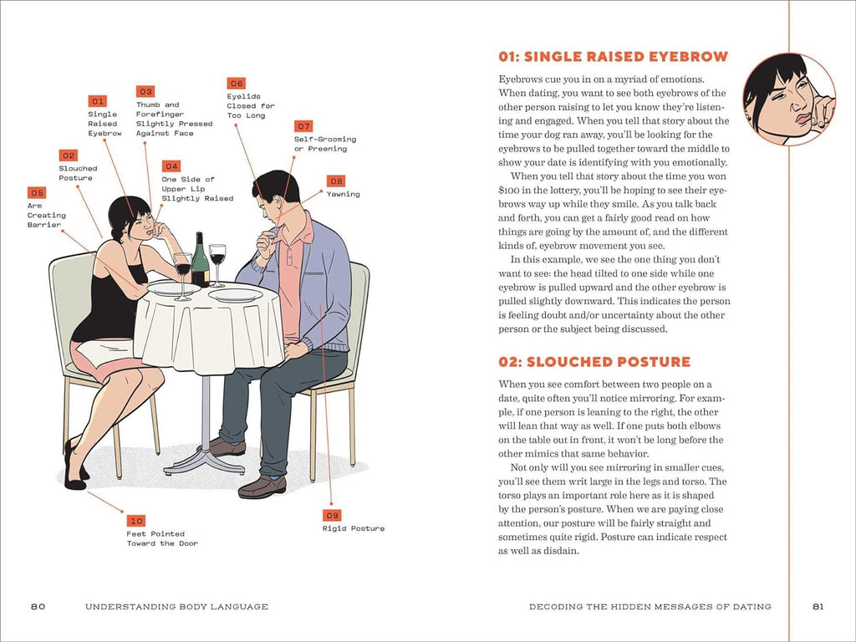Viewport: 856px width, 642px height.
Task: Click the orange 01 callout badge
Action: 98,100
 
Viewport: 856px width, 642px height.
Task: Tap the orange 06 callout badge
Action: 237,84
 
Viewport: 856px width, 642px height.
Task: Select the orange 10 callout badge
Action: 136,520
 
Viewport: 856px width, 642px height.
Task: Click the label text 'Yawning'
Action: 343,194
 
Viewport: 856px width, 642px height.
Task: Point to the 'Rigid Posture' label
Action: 354,528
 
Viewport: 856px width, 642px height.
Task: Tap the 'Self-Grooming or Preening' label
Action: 324,144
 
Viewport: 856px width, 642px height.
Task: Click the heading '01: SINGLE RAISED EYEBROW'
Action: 613,57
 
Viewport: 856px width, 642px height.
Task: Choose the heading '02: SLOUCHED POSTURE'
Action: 594,362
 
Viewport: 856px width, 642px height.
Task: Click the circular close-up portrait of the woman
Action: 788,99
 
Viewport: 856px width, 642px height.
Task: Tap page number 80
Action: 38,606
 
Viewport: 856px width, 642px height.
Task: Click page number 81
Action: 818,606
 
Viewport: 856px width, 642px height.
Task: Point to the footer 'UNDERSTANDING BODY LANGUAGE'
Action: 176,606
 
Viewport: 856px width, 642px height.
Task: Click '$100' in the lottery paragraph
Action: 512,190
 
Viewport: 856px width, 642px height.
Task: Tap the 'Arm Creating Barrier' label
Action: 46,215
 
